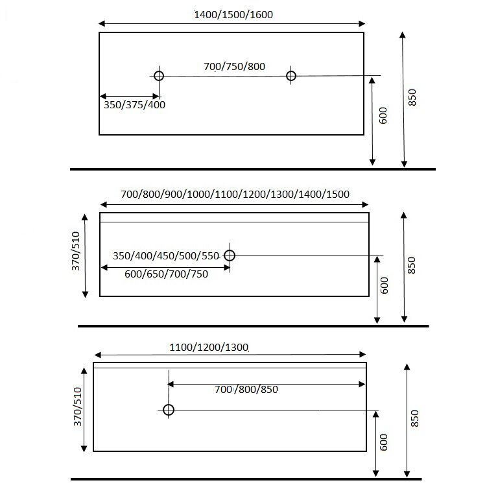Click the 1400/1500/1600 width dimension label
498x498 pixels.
click(x=233, y=15)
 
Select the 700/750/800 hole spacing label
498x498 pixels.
click(x=234, y=66)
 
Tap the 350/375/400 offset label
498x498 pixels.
click(x=135, y=104)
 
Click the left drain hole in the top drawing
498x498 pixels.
click(x=159, y=76)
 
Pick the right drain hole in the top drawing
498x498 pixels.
click(x=291, y=76)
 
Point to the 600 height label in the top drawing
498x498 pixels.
click(x=383, y=115)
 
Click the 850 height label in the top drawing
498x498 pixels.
click(x=412, y=97)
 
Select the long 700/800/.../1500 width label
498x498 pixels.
click(x=235, y=194)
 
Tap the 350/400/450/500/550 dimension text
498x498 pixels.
click(x=166, y=255)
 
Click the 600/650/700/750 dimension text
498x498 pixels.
click(x=166, y=274)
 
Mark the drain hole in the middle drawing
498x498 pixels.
click(x=230, y=255)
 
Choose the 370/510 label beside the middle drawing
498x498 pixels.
click(x=76, y=251)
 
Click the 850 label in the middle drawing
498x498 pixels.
click(x=411, y=265)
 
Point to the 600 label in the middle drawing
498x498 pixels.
click(x=385, y=285)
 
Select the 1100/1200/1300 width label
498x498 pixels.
click(x=209, y=347)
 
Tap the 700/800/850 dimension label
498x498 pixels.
click(x=246, y=389)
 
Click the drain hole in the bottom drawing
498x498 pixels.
click(x=169, y=410)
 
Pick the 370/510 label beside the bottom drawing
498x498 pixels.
click(x=78, y=407)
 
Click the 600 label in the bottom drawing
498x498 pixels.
click(x=384, y=442)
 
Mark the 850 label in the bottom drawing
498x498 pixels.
click(x=415, y=418)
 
